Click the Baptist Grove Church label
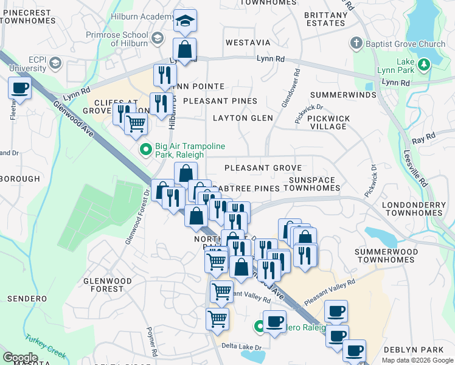406,44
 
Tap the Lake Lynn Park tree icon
424,63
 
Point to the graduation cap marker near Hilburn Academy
185,22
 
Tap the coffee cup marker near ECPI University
19,89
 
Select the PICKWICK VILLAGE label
327,122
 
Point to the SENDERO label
27,299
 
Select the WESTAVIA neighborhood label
248,43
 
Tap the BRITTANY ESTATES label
325,18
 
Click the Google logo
20,358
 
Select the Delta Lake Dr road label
241,347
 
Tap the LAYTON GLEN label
243,118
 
